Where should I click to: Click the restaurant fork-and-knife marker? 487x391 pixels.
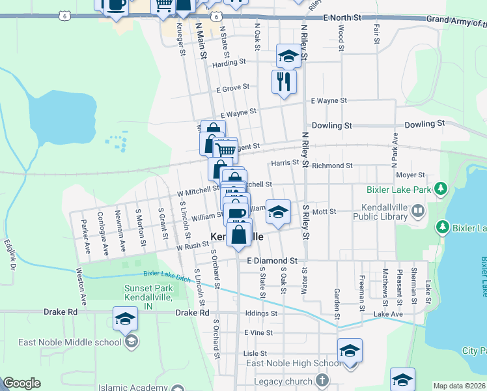point(284,82)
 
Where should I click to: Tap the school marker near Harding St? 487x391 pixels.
point(288,57)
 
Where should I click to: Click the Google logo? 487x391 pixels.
point(21,383)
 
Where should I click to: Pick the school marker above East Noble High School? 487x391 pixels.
point(350,351)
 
